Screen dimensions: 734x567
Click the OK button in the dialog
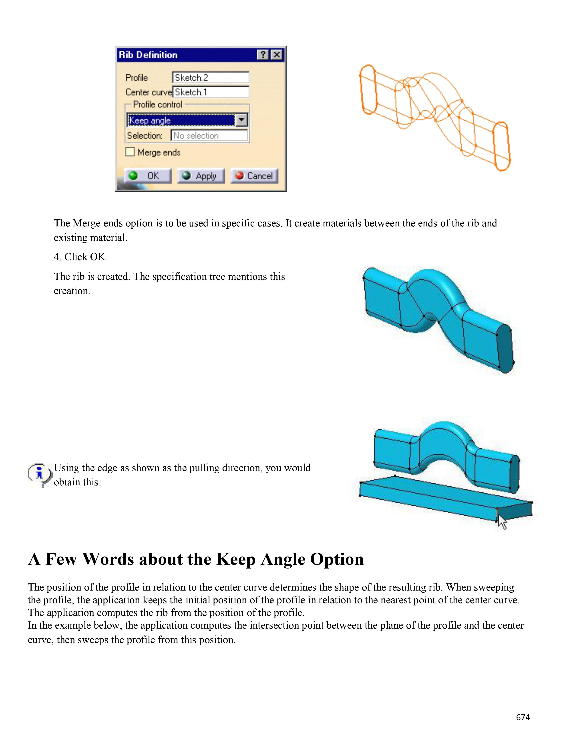(147, 176)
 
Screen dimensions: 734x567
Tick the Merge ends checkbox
(130, 152)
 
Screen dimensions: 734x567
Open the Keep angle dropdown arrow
(241, 120)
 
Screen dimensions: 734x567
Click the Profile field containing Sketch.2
(210, 78)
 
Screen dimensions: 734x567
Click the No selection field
(209, 135)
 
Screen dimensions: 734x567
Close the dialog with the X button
(277, 55)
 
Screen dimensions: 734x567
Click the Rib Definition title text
(148, 55)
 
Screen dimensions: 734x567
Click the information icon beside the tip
(40, 474)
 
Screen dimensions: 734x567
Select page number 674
(523, 717)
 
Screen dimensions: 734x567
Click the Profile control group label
(158, 105)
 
